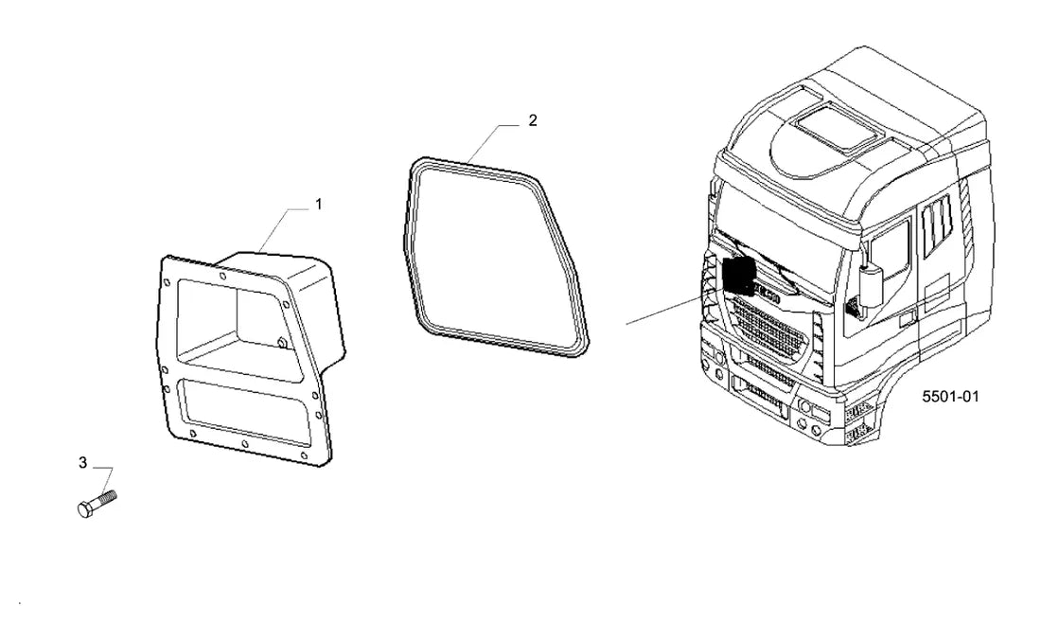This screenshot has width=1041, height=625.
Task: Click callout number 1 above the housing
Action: pyautogui.click(x=318, y=205)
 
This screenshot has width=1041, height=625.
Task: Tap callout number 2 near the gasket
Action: pyautogui.click(x=533, y=120)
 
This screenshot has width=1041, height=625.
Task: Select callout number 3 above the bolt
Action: pyautogui.click(x=83, y=462)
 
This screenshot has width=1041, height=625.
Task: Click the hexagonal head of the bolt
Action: pyautogui.click(x=85, y=510)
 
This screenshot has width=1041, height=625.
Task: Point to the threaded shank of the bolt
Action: pyautogui.click(x=105, y=498)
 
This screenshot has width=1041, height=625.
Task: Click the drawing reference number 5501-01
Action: pyautogui.click(x=950, y=397)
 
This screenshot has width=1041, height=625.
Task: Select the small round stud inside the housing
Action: pyautogui.click(x=281, y=343)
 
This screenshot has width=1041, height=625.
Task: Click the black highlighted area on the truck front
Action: pyautogui.click(x=737, y=275)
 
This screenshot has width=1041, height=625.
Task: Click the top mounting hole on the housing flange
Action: pyautogui.click(x=222, y=276)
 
